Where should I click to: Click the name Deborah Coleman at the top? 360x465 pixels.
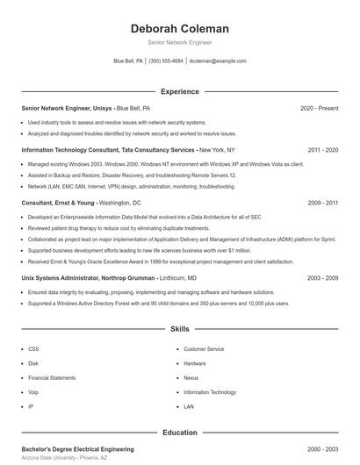click(x=179, y=28)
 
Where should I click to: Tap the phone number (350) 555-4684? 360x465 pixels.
click(x=166, y=61)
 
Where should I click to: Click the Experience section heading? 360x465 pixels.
click(x=179, y=91)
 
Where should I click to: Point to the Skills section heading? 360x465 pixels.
click(x=179, y=329)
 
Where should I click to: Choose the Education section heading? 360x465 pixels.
click(x=179, y=433)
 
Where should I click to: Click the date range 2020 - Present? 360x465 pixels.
click(x=319, y=108)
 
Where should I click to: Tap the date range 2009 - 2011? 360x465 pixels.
click(x=323, y=203)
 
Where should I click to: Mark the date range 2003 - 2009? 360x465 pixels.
click(x=323, y=277)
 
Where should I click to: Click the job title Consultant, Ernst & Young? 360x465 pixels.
click(x=58, y=203)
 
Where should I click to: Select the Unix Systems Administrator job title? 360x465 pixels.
click(x=66, y=277)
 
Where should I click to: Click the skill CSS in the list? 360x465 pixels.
click(x=33, y=349)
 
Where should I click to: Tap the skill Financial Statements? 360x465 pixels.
click(x=51, y=377)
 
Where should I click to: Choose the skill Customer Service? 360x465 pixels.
click(x=204, y=349)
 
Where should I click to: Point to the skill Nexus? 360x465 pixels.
click(x=191, y=377)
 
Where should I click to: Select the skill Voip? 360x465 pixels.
click(x=33, y=392)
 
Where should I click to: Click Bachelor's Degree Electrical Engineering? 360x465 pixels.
click(x=77, y=449)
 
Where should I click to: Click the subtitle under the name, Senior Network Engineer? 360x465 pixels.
click(x=179, y=42)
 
